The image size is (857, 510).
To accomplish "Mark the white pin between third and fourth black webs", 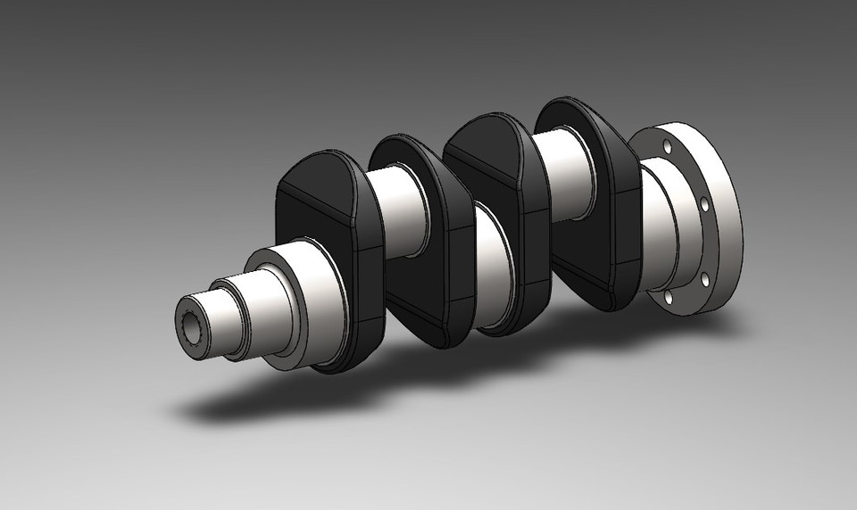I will tap(567, 174).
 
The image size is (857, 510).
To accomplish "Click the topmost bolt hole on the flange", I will tap(666, 145).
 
